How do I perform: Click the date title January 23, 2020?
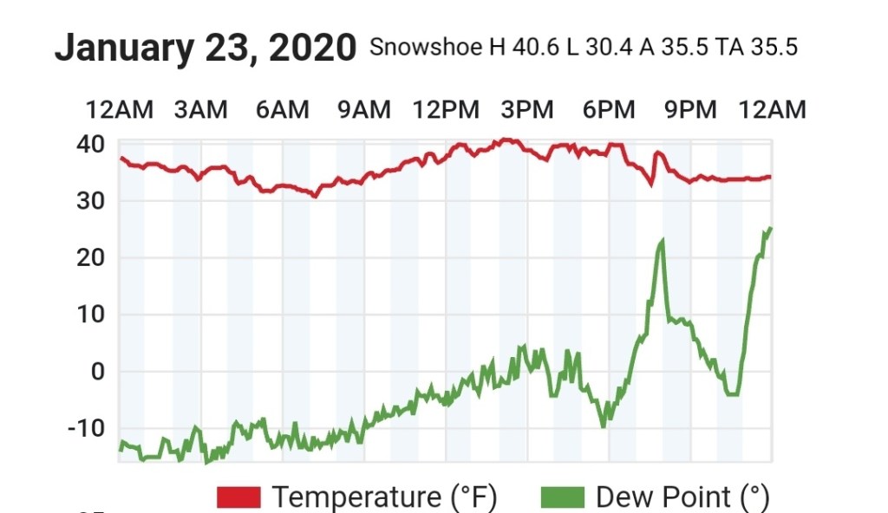pos(205,49)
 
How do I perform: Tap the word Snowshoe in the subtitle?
pos(427,47)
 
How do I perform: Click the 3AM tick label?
pos(200,110)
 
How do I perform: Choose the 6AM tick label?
pos(282,110)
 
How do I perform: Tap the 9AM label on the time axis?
pos(364,110)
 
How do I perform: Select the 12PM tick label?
pos(446,110)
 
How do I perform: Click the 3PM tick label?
pos(527,110)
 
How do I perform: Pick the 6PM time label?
pos(609,110)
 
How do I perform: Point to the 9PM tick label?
pos(691,110)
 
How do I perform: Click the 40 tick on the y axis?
pos(90,144)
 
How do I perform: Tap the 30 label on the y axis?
pos(90,201)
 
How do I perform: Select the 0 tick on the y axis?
pos(97,372)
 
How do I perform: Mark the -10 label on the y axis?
pos(85,428)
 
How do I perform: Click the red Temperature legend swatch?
pos(238,497)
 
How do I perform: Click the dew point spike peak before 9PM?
pos(663,240)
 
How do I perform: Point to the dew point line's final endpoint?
pos(771,228)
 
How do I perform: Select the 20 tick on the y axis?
pos(90,257)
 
